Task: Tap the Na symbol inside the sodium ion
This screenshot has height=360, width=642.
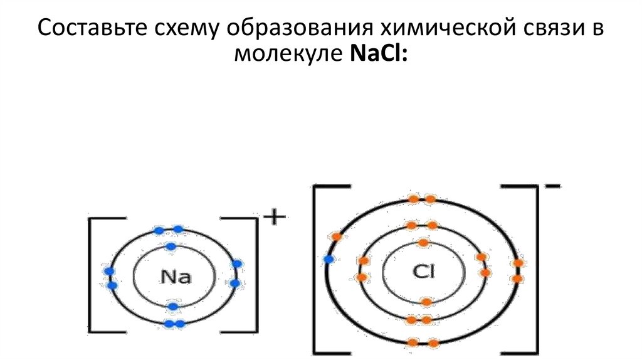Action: (x=176, y=275)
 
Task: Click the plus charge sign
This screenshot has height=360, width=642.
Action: (x=274, y=218)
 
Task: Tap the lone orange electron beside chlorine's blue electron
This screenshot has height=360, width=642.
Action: (x=337, y=236)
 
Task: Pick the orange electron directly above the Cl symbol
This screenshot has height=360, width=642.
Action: (x=423, y=242)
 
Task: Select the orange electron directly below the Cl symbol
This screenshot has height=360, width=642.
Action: (x=426, y=302)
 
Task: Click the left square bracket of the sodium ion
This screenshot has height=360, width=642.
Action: (x=94, y=274)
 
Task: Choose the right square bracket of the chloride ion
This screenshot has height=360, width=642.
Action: (x=534, y=270)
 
